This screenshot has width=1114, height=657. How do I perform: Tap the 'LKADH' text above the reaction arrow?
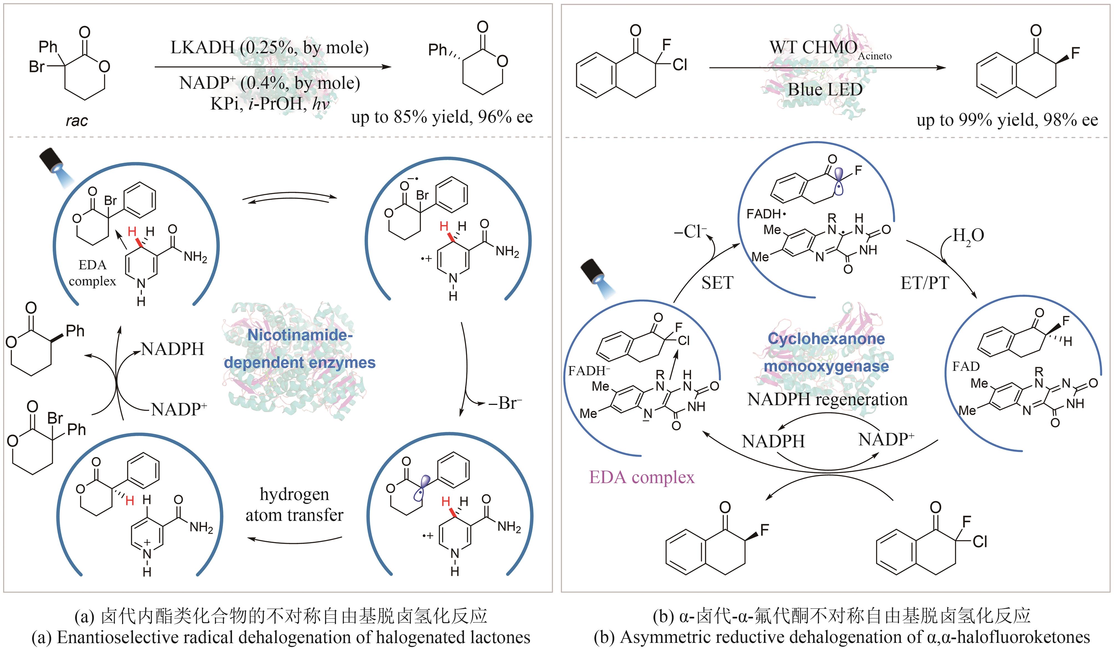tap(202, 47)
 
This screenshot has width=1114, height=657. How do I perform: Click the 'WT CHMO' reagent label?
tap(813, 47)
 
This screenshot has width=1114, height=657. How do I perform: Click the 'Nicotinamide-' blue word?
tap(300, 335)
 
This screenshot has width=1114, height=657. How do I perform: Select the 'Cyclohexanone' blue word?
tap(826, 339)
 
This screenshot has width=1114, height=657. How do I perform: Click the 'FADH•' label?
tap(766, 214)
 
